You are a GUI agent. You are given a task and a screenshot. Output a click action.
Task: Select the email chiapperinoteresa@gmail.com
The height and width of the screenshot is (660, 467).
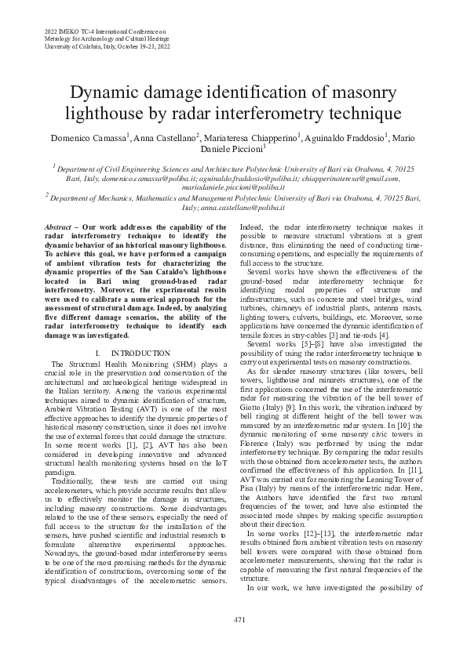coord(351,179)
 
